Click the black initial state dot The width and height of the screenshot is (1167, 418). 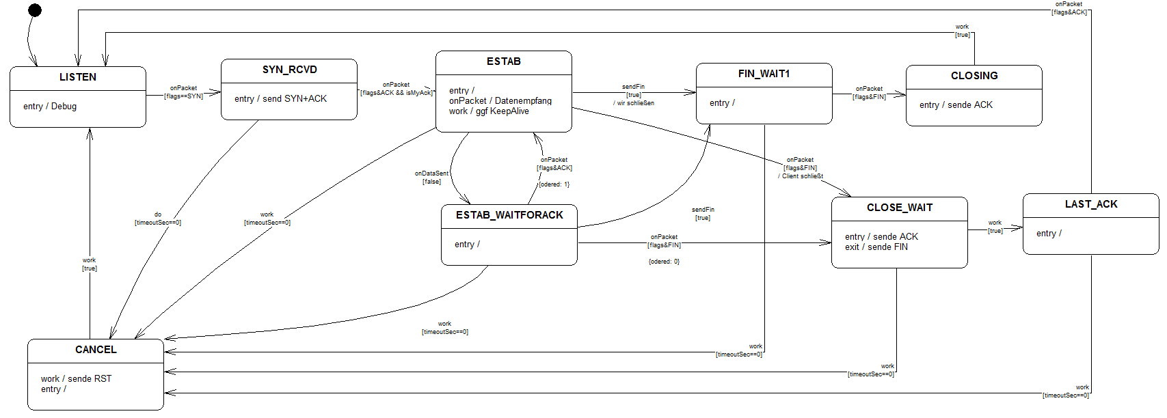tap(35, 10)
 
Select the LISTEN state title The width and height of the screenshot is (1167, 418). tap(78, 77)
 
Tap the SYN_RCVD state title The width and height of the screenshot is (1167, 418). tap(289, 70)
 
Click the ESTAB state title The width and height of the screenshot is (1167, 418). tap(504, 61)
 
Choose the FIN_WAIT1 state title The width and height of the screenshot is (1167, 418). tap(764, 74)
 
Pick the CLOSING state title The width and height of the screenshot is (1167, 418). tap(974, 76)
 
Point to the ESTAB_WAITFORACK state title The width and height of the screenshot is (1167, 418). tap(509, 215)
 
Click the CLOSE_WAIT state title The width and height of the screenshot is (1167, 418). tap(900, 208)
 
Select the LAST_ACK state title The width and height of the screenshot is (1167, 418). tap(1091, 204)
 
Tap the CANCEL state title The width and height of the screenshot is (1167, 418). tap(96, 350)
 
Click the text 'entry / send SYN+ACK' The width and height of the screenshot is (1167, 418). tap(280, 99)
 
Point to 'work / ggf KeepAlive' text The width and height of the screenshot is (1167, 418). tap(489, 111)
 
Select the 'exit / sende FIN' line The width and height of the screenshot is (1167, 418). tap(876, 247)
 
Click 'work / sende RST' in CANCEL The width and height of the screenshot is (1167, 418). tap(76, 379)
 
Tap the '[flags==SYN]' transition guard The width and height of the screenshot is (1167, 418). tap(183, 96)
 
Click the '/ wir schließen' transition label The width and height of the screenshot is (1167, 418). tap(634, 103)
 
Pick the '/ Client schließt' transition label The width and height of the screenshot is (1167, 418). tap(801, 176)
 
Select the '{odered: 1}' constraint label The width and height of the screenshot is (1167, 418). tap(554, 184)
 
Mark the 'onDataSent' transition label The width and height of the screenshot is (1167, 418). tap(431, 173)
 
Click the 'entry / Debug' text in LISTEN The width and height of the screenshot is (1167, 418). tap(50, 107)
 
